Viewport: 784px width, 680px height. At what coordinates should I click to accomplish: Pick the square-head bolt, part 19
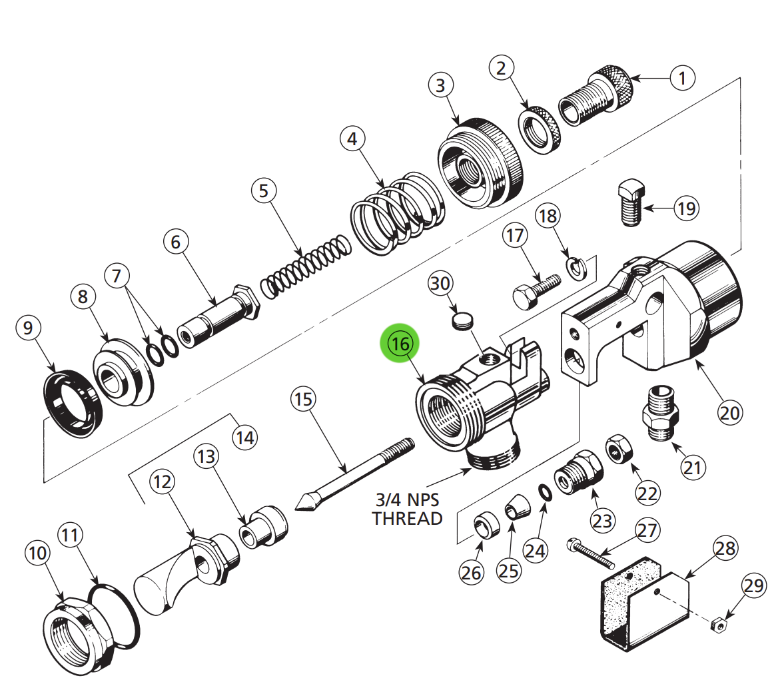[629, 202]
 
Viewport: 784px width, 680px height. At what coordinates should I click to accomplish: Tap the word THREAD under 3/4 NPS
[407, 518]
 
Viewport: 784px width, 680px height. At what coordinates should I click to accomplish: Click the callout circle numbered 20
[729, 413]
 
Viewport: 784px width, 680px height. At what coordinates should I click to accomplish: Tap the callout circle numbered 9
[27, 328]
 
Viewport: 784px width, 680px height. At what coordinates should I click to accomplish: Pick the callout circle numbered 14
[244, 438]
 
